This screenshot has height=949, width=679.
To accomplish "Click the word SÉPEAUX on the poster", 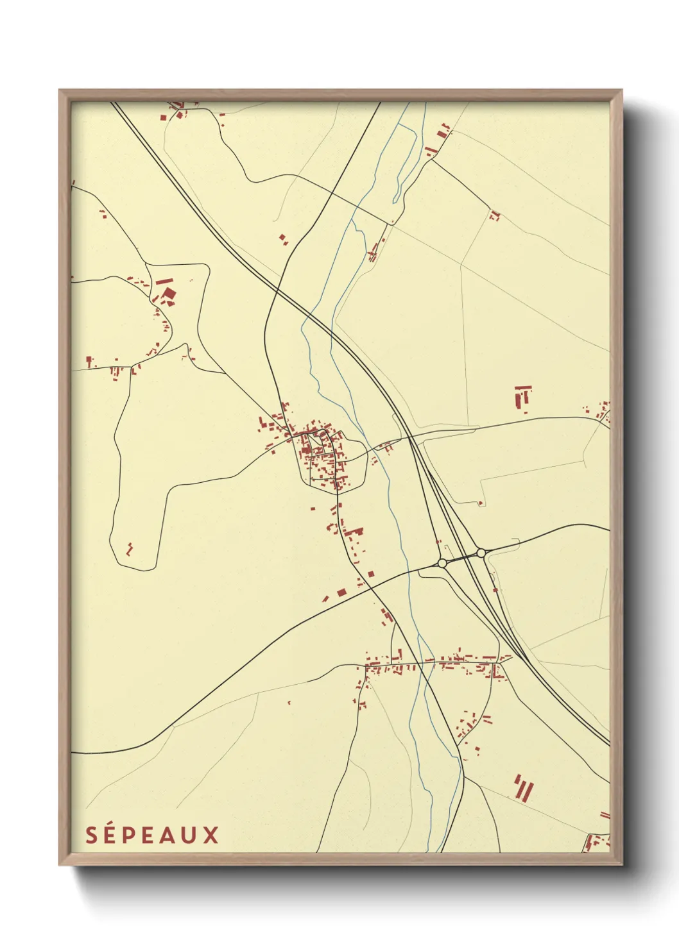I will point(153,835).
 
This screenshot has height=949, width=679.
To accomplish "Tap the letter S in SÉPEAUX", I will point(92,835).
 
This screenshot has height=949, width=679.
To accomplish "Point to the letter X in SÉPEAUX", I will point(212,835).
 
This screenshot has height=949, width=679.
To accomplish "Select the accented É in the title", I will point(112,834).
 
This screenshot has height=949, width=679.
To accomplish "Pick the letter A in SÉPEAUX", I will point(169,835).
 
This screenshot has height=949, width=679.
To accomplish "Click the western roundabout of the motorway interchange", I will point(442,563).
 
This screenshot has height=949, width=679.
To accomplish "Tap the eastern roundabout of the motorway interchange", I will point(481,553).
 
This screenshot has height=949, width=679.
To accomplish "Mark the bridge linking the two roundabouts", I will point(461,558).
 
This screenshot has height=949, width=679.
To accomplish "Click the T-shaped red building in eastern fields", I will point(522,396).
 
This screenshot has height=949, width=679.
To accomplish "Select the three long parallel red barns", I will point(523,787).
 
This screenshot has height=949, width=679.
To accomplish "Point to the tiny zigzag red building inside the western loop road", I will point(130,548).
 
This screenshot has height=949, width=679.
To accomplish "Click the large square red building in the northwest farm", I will point(168,294).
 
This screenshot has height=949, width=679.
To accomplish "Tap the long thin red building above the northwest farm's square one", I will point(164,281).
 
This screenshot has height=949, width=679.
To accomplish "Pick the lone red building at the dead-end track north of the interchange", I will point(480,503).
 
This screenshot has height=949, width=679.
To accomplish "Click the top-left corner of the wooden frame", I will point(60,90).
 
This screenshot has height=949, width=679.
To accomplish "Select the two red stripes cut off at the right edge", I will point(605,815).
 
